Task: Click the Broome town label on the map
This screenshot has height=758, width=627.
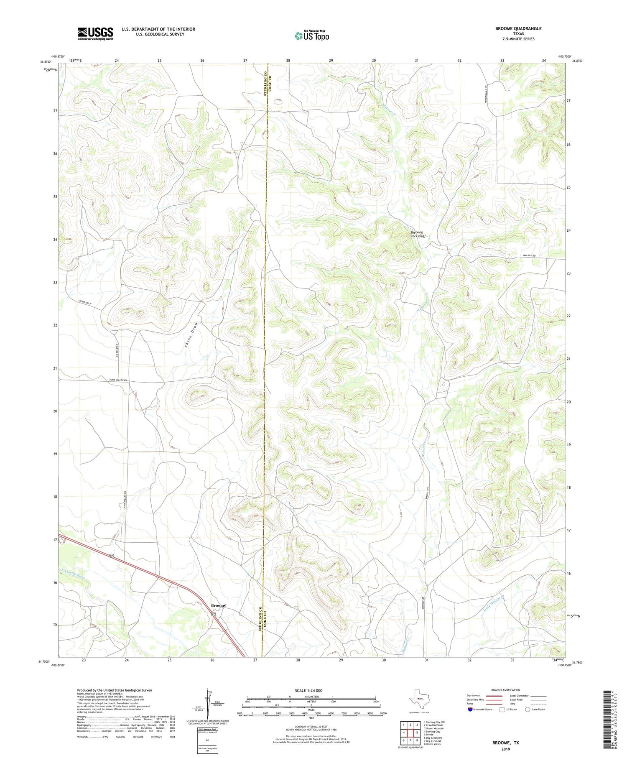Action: click(x=218, y=605)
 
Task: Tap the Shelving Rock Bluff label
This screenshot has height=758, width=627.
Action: click(x=417, y=234)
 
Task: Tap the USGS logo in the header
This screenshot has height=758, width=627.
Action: click(x=95, y=33)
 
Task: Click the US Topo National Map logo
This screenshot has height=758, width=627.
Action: click(x=312, y=36)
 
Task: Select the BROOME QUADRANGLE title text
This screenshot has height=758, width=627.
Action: click(x=518, y=28)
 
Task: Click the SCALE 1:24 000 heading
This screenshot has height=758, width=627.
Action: click(x=311, y=690)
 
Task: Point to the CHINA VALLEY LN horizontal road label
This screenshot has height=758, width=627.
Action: click(x=120, y=380)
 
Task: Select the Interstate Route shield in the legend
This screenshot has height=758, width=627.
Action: click(x=470, y=710)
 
